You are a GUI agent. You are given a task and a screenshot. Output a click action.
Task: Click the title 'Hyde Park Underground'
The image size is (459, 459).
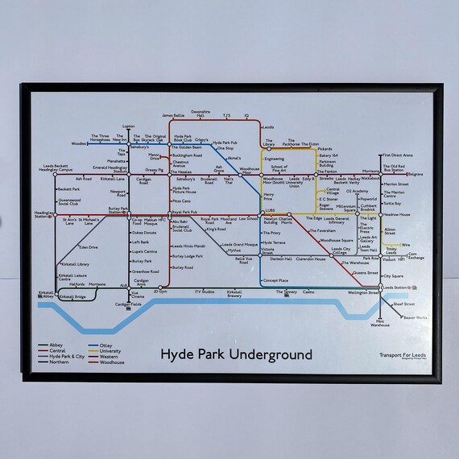[x=236, y=354]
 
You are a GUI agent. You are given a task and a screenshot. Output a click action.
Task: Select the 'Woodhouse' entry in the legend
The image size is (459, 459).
[x=110, y=363]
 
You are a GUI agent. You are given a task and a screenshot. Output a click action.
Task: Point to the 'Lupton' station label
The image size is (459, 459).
[x=128, y=126]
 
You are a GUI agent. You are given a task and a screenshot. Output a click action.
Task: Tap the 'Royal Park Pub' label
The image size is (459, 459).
[x=184, y=213]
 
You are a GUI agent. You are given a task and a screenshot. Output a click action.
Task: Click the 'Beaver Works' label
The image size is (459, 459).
[x=416, y=317]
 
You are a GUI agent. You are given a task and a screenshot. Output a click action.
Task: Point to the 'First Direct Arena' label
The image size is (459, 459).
[x=397, y=155]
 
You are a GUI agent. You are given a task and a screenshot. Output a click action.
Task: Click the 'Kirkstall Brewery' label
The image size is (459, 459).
[x=234, y=294]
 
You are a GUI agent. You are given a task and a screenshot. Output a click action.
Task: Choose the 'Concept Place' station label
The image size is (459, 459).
[x=275, y=280]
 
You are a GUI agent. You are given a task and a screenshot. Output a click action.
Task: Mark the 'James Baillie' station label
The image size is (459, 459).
[x=173, y=115]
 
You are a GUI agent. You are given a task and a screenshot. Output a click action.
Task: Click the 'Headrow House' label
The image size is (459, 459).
[x=397, y=215]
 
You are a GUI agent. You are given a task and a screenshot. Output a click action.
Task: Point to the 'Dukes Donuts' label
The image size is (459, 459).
[x=143, y=233]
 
